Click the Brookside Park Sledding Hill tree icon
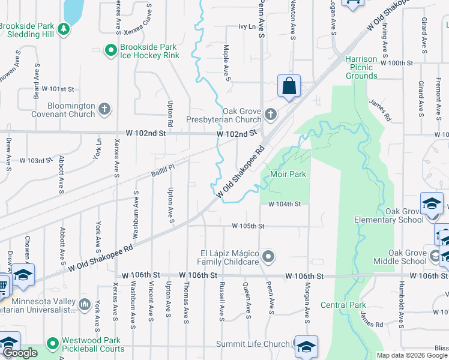[62, 28]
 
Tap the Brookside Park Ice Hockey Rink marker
[110, 51]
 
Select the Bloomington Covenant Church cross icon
[104, 109]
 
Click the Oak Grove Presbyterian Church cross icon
[271, 114]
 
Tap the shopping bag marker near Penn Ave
[289, 86]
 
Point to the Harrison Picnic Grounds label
[361, 68]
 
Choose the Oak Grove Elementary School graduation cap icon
[431, 204]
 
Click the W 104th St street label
[284, 204]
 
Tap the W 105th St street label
[249, 226]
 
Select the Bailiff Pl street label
[162, 171]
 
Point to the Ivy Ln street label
[247, 26]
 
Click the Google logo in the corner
[20, 353]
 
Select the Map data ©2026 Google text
[412, 355]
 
